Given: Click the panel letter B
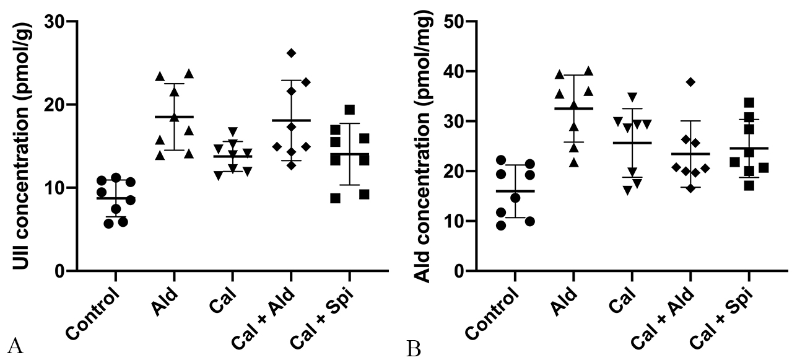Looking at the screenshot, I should click(x=414, y=348).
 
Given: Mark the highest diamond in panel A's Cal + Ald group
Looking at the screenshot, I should click(x=291, y=53).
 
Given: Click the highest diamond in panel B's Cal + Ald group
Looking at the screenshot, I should click(x=691, y=82).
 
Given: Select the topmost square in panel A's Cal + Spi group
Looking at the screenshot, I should click(x=350, y=110).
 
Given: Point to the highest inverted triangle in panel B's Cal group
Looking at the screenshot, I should click(x=632, y=97).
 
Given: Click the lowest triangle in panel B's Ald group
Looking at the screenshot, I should click(x=575, y=163).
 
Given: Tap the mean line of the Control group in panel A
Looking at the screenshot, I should click(x=115, y=198).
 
